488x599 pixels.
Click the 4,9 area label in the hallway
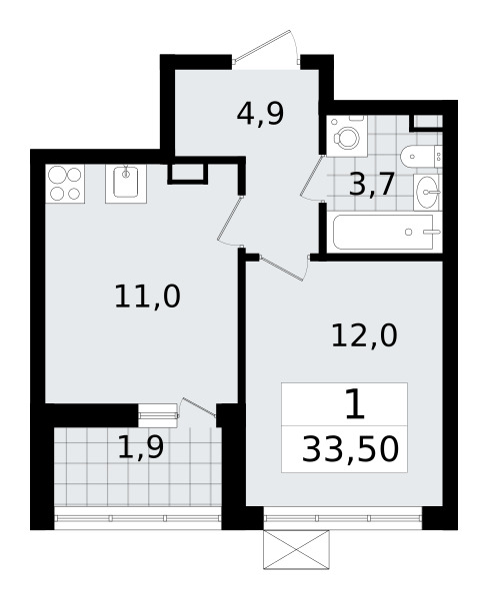click(261, 114)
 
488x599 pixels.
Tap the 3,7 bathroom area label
click(371, 185)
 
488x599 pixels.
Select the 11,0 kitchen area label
click(147, 297)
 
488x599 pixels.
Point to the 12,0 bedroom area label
click(364, 335)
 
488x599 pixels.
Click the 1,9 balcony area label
click(141, 447)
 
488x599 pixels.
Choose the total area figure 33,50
click(350, 449)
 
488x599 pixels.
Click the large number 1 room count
click(355, 404)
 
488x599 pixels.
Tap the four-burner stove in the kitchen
click(65, 184)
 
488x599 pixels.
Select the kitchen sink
click(126, 184)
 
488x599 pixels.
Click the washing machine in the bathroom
click(347, 136)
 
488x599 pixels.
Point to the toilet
click(421, 156)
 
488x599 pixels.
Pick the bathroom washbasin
click(428, 192)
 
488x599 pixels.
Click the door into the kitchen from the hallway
click(230, 221)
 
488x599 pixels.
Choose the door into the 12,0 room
click(285, 268)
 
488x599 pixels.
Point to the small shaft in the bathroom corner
click(426, 123)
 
